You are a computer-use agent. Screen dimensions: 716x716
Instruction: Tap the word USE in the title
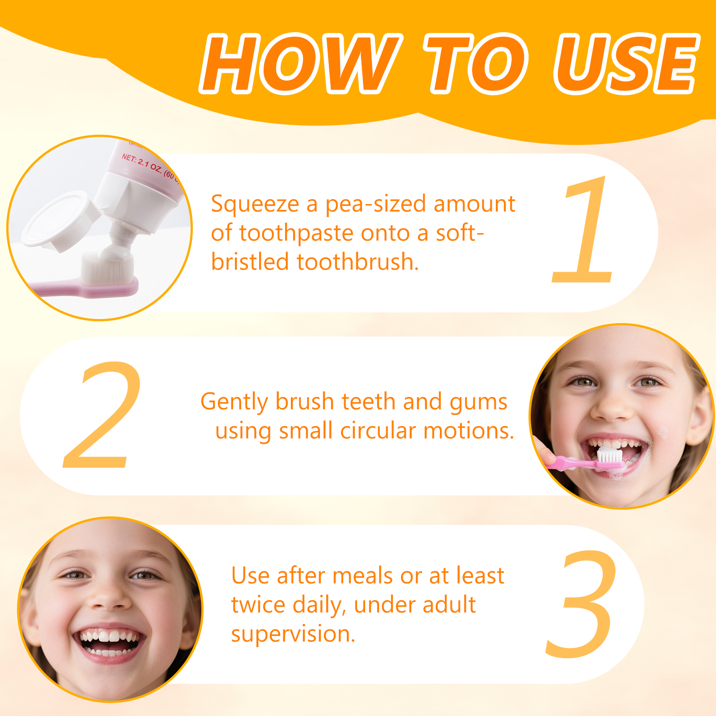(626, 63)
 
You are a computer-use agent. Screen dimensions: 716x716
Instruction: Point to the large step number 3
(580, 604)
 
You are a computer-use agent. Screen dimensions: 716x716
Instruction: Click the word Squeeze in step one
(255, 205)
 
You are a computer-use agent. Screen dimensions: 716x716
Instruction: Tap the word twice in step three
(258, 605)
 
